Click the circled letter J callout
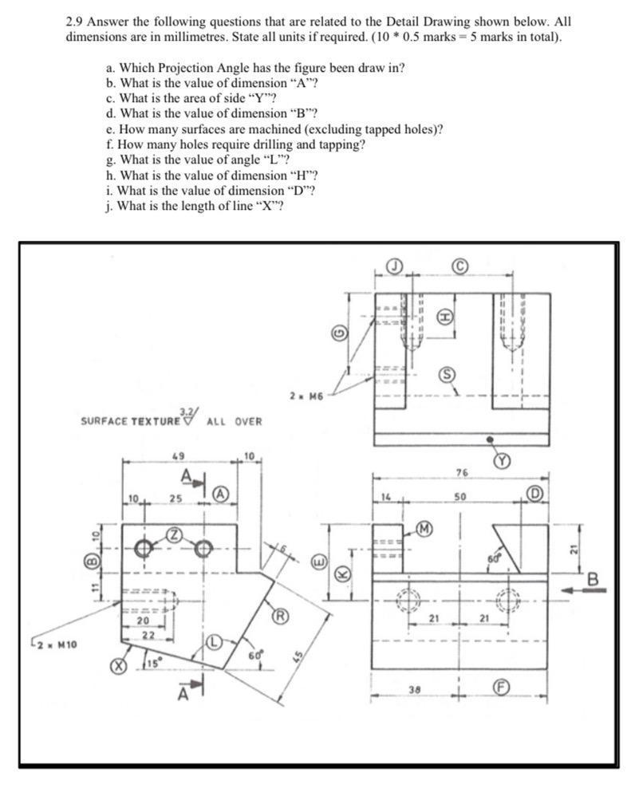click(x=394, y=266)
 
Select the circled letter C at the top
click(x=460, y=266)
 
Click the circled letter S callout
click(x=449, y=375)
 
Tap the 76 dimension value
click(x=460, y=473)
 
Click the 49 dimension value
click(x=179, y=457)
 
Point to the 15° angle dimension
click(x=151, y=661)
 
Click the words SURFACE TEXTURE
click(x=131, y=420)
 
